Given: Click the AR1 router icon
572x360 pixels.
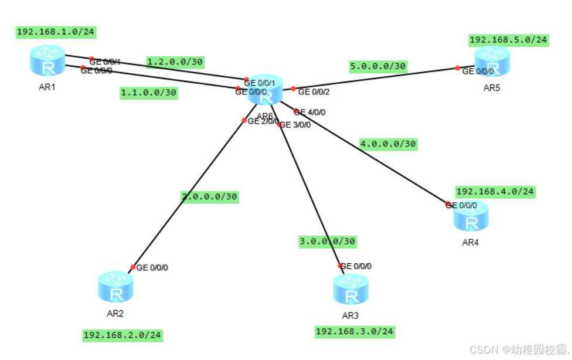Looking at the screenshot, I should pos(47,62).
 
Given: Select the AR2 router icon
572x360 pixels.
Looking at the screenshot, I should pos(115,287).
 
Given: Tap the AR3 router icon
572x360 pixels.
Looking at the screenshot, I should pos(350,289).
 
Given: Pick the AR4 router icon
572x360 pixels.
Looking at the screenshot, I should pos(471,216).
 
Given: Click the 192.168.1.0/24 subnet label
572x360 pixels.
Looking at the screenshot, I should pos(56,32).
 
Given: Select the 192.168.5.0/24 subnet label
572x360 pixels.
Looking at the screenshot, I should pos(508,40).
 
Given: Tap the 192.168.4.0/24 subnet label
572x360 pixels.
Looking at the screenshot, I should pos(495,191).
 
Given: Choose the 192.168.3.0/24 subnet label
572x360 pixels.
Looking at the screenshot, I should pos(355,331).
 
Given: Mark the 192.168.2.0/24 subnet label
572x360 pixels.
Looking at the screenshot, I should pos(122,335).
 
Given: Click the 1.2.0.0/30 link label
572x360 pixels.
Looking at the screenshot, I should pos(175,61).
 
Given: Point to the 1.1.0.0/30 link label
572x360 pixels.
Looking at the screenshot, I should pos(148,92).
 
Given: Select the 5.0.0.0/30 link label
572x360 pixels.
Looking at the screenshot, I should pos(378,66).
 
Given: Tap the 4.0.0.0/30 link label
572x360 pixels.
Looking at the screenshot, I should pos(388,143).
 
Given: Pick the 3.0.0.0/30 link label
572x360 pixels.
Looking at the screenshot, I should pos(327,240).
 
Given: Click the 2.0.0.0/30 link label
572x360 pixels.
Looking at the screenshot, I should pos(209,196).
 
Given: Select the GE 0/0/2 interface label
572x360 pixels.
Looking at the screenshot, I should pos(314,91).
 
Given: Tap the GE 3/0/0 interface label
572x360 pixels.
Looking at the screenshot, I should pos(295,124).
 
